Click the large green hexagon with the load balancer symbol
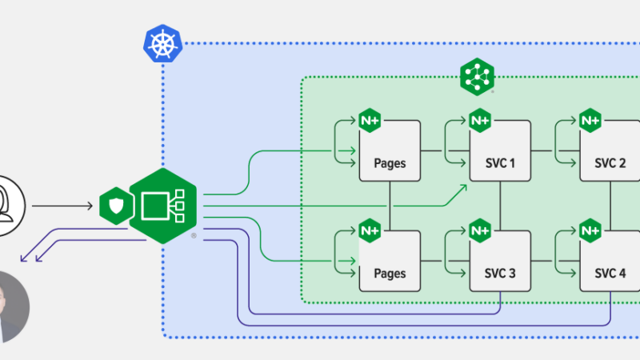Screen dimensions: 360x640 [163, 206]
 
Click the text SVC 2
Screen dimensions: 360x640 [610, 163]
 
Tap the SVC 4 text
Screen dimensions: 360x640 [610, 274]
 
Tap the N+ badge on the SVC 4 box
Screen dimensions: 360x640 [590, 230]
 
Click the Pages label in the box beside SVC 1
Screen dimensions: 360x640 [390, 163]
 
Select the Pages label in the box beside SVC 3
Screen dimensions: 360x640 [390, 274]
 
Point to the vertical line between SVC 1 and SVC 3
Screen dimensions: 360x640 [500, 203]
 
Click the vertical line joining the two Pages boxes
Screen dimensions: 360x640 [390, 203]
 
